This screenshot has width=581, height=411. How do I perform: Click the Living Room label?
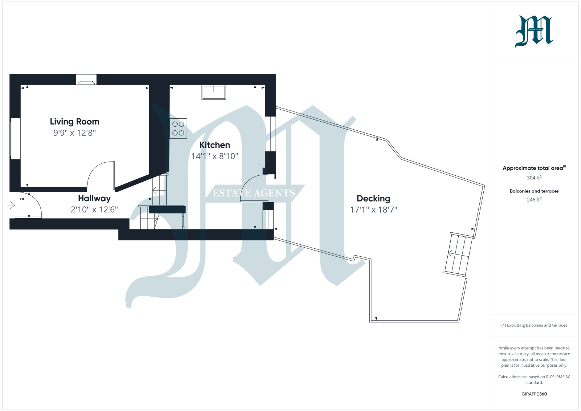[x=74, y=122]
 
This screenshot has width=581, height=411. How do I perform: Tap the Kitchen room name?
[x=215, y=145]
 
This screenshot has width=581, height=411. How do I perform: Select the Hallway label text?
[x=94, y=198]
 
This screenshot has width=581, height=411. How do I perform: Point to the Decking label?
[x=373, y=199]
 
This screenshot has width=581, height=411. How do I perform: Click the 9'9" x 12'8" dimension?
[x=74, y=133]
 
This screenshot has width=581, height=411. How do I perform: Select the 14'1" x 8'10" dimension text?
[x=215, y=156]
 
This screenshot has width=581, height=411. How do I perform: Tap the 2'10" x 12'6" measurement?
[x=94, y=209]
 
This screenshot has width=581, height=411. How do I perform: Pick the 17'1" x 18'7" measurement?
[x=373, y=210]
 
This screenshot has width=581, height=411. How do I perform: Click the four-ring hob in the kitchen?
[x=178, y=129]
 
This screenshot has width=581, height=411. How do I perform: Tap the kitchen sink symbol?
[x=214, y=92]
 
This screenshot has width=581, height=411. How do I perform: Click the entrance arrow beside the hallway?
[x=11, y=206]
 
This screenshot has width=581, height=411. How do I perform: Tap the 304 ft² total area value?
[x=534, y=178]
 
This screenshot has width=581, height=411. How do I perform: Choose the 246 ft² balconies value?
[x=534, y=200]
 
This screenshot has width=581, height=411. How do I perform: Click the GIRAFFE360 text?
[x=534, y=394]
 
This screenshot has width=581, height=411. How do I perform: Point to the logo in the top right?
[x=534, y=31]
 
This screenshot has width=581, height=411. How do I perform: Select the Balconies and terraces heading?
[x=534, y=191]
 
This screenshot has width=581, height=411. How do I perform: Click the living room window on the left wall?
[x=15, y=138]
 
